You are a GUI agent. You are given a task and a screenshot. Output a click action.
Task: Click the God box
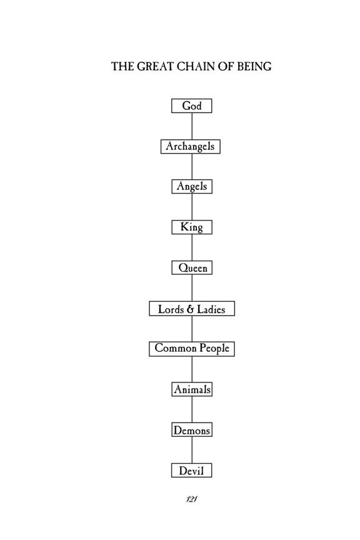pos(191,106)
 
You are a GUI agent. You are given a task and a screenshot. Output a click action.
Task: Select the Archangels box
pos(191,146)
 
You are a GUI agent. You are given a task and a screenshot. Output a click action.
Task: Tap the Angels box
pos(192,186)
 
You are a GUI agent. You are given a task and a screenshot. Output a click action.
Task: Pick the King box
pos(192,227)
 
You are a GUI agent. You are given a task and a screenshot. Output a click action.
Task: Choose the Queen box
pos(192,267)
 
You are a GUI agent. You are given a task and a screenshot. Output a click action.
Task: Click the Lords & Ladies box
pos(192,309)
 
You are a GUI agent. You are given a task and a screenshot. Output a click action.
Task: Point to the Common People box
pos(192,349)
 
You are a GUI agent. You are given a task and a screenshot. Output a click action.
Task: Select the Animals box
pos(192,389)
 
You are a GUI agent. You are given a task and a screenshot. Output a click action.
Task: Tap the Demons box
pos(192,430)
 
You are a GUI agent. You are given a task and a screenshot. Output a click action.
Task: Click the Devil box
pos(191,470)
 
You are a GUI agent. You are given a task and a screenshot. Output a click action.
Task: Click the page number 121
pos(191,499)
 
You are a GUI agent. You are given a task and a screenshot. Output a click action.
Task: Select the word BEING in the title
pos(254,66)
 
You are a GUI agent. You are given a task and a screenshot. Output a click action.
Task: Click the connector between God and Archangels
pos(192,126)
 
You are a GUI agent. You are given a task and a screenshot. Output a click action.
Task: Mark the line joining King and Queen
pos(192,247)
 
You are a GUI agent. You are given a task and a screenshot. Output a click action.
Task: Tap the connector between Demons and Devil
pos(192,450)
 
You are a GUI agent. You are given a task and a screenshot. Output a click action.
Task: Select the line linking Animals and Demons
pos(192,409)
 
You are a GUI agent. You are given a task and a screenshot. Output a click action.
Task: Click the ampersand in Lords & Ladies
pos(191,309)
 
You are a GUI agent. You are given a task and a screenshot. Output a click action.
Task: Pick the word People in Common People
pos(214,349)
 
